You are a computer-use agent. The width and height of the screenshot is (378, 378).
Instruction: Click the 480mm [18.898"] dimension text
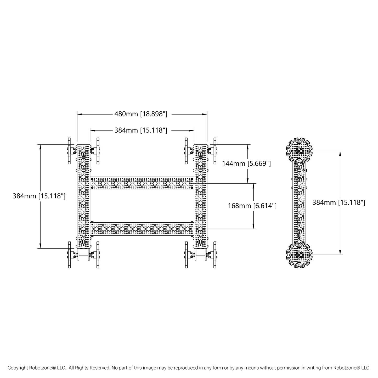pos(141,114)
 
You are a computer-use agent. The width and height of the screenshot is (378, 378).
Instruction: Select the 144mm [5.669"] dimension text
pos(246,163)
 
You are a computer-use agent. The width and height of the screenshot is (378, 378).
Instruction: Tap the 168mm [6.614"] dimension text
pos(252,206)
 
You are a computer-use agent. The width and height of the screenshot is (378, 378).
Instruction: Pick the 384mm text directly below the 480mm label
pos(141,130)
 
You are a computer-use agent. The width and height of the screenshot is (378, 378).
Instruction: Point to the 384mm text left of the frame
pos(39,196)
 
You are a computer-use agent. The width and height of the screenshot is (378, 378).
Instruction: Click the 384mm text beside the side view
pos(339,202)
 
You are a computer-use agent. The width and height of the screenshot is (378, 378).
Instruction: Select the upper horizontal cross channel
pos(142,183)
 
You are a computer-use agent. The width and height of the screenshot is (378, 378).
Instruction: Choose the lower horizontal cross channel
pos(142,229)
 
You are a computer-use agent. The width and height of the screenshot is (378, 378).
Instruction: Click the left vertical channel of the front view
pos(83,196)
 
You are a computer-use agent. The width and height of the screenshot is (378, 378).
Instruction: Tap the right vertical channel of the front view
pos(200,196)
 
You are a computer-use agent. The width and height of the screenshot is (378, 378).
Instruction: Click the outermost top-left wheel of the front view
pos(69,151)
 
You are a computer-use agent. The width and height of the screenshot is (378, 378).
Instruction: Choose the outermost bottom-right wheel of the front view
pos(215,255)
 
